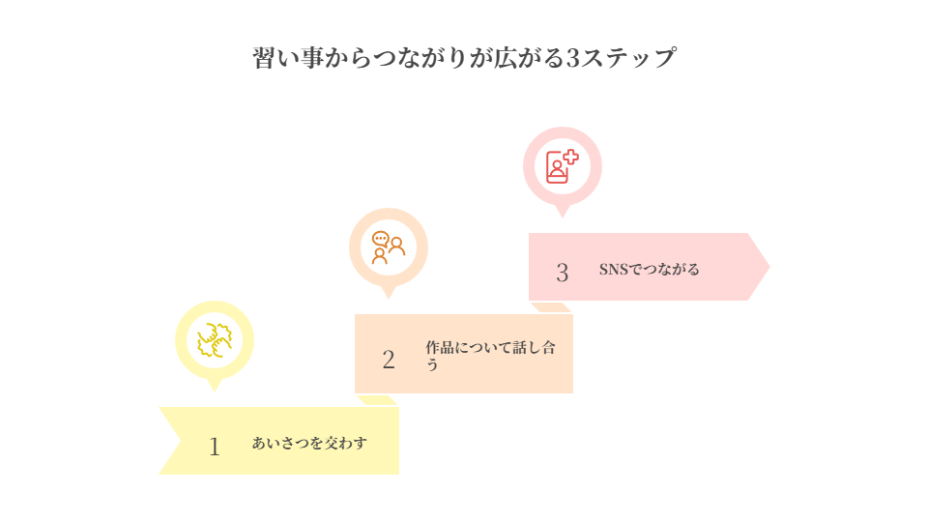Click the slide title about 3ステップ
[464, 57]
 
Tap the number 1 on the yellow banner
[215, 447]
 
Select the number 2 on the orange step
[389, 360]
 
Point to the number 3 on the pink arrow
[562, 273]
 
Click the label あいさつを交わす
[309, 444]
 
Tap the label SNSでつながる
[649, 269]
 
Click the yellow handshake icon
[215, 339]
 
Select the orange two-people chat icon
[388, 247]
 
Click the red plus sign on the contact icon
[570, 157]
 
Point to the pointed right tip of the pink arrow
[770, 267]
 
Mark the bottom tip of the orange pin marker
[389, 301]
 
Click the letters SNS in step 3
[614, 269]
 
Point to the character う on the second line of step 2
[432, 364]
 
